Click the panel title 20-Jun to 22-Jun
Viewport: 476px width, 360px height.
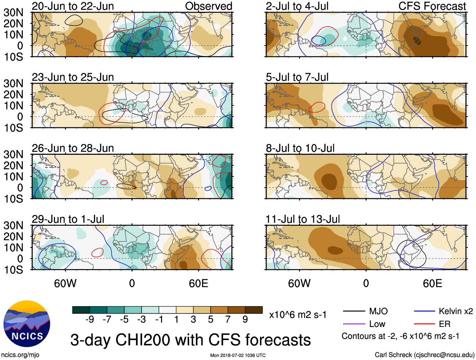pos(73,6)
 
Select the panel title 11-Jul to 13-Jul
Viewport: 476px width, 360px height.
pos(303,219)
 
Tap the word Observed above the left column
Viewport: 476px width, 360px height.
pos(208,6)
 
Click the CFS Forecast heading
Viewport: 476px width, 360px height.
pos(432,6)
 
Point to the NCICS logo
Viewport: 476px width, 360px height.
pos(27,324)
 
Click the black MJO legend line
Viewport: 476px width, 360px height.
pos(354,311)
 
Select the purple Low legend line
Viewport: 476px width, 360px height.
pos(354,324)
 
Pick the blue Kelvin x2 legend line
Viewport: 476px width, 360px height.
pos(424,311)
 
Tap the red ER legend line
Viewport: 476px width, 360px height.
pos(424,324)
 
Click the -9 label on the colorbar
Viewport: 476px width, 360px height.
pos(90,320)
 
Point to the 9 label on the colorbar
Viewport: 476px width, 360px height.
pos(245,320)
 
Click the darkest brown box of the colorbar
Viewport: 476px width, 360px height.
pos(254,310)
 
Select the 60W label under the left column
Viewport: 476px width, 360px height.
pos(65,283)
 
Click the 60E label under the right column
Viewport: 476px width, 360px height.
pos(432,283)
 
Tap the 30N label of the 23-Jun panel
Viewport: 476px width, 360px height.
pos(13,84)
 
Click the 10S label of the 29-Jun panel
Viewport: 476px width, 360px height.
pos(13,270)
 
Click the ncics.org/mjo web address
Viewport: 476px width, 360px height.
pos(20,355)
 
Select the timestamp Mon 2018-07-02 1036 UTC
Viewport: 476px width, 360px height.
pos(238,356)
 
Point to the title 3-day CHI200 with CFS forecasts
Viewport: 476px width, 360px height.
pos(190,340)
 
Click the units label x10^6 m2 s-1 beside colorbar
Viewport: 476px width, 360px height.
pos(298,315)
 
